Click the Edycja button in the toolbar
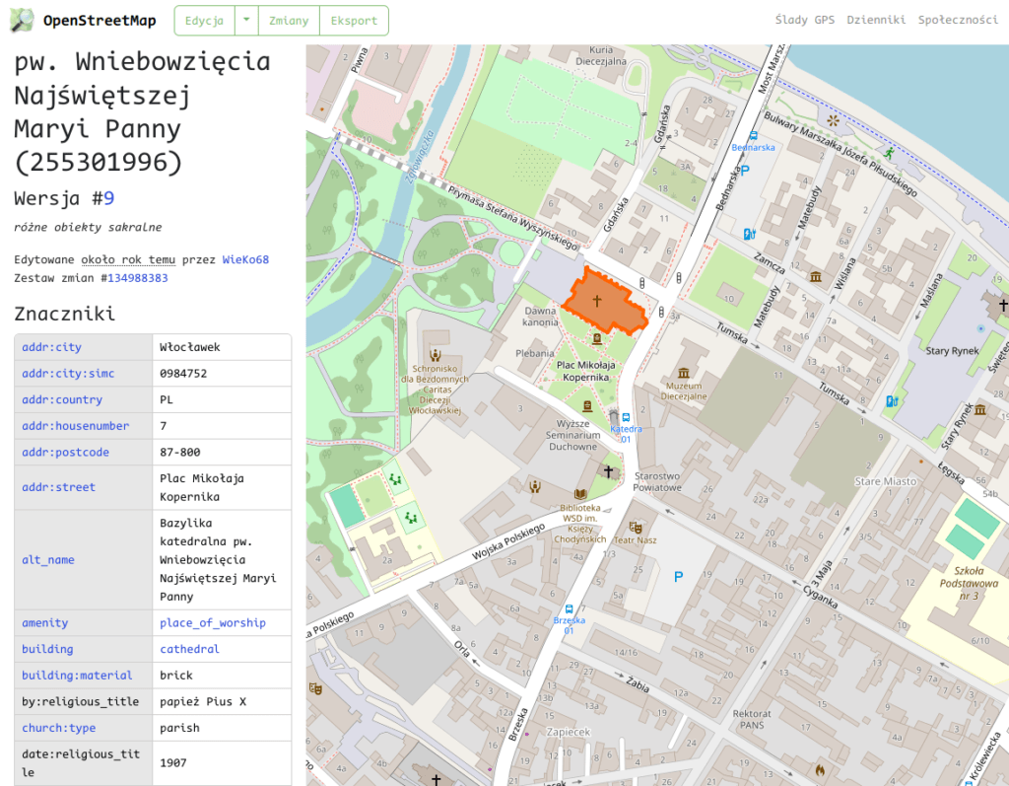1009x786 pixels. pos(204,21)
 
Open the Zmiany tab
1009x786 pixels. pos(289,21)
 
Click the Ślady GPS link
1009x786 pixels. pos(804,20)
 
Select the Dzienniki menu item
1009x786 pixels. pos(876,20)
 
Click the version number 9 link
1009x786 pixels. pos(109,198)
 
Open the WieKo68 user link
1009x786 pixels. pos(245,260)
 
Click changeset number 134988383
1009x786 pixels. pos(138,278)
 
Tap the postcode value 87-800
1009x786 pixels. pos(180,453)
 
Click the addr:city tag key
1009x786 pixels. pos(51,347)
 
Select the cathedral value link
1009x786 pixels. pos(189,649)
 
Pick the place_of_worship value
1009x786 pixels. pos(212,623)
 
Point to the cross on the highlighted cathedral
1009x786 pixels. pos(596,301)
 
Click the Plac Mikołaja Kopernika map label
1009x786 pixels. pos(585,371)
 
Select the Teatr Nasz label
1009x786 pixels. pos(636,539)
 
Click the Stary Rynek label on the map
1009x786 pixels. pos(951,350)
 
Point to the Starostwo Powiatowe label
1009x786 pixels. pos(657,481)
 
